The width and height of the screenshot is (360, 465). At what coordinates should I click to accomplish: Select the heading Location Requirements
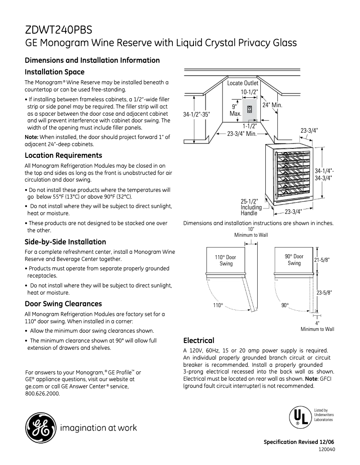tap(63, 156)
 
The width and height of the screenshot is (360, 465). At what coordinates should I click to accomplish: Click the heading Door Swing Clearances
tap(63, 304)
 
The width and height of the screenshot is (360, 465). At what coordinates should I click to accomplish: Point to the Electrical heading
tap(198, 340)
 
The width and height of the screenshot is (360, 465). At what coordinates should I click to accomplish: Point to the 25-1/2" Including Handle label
tap(251, 207)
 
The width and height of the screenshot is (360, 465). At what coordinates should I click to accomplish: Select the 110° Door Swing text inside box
tap(226, 261)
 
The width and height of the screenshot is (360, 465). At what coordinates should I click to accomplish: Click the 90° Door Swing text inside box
tap(294, 260)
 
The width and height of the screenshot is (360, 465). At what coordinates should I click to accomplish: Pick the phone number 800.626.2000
tap(43, 394)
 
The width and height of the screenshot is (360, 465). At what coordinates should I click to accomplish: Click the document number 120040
tap(326, 449)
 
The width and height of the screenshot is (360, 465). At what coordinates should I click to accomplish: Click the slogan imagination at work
tap(98, 428)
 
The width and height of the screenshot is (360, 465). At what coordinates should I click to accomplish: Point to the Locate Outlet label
tap(242, 83)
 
